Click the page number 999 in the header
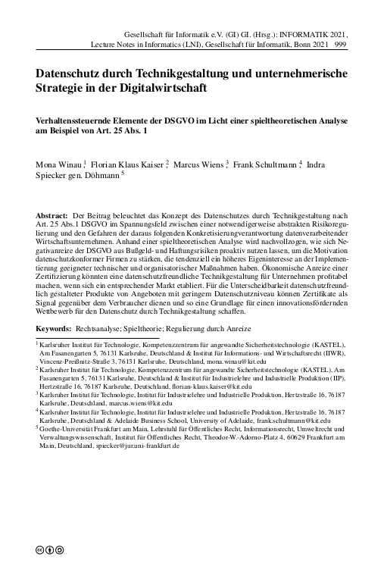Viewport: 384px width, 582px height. pyautogui.click(x=339, y=45)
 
